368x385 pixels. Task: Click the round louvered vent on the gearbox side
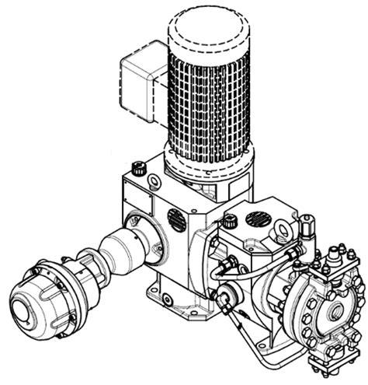(x=176, y=220)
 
